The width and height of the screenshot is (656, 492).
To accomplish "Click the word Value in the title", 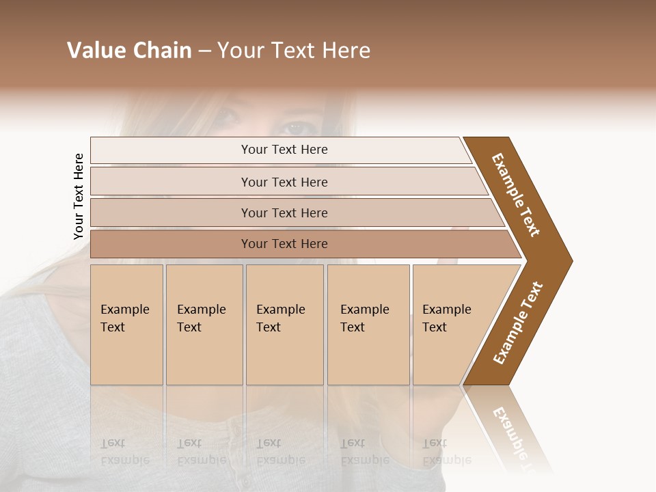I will pos(96,51).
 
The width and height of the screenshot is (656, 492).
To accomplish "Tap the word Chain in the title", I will pos(161,51).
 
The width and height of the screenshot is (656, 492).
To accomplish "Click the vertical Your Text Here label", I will pos(79,196).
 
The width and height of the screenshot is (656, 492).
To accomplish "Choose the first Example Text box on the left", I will pos(126,325).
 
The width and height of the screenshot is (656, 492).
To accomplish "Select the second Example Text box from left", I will pos(204,325).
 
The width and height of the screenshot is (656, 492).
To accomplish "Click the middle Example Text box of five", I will pos(284,325).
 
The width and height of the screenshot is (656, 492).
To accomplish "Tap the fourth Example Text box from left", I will pos(368,325).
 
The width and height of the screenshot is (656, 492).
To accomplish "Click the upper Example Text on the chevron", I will pos(516,195).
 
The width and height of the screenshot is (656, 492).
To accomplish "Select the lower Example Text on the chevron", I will pos(518,323).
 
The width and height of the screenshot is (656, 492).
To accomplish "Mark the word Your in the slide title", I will pos(238,51).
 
